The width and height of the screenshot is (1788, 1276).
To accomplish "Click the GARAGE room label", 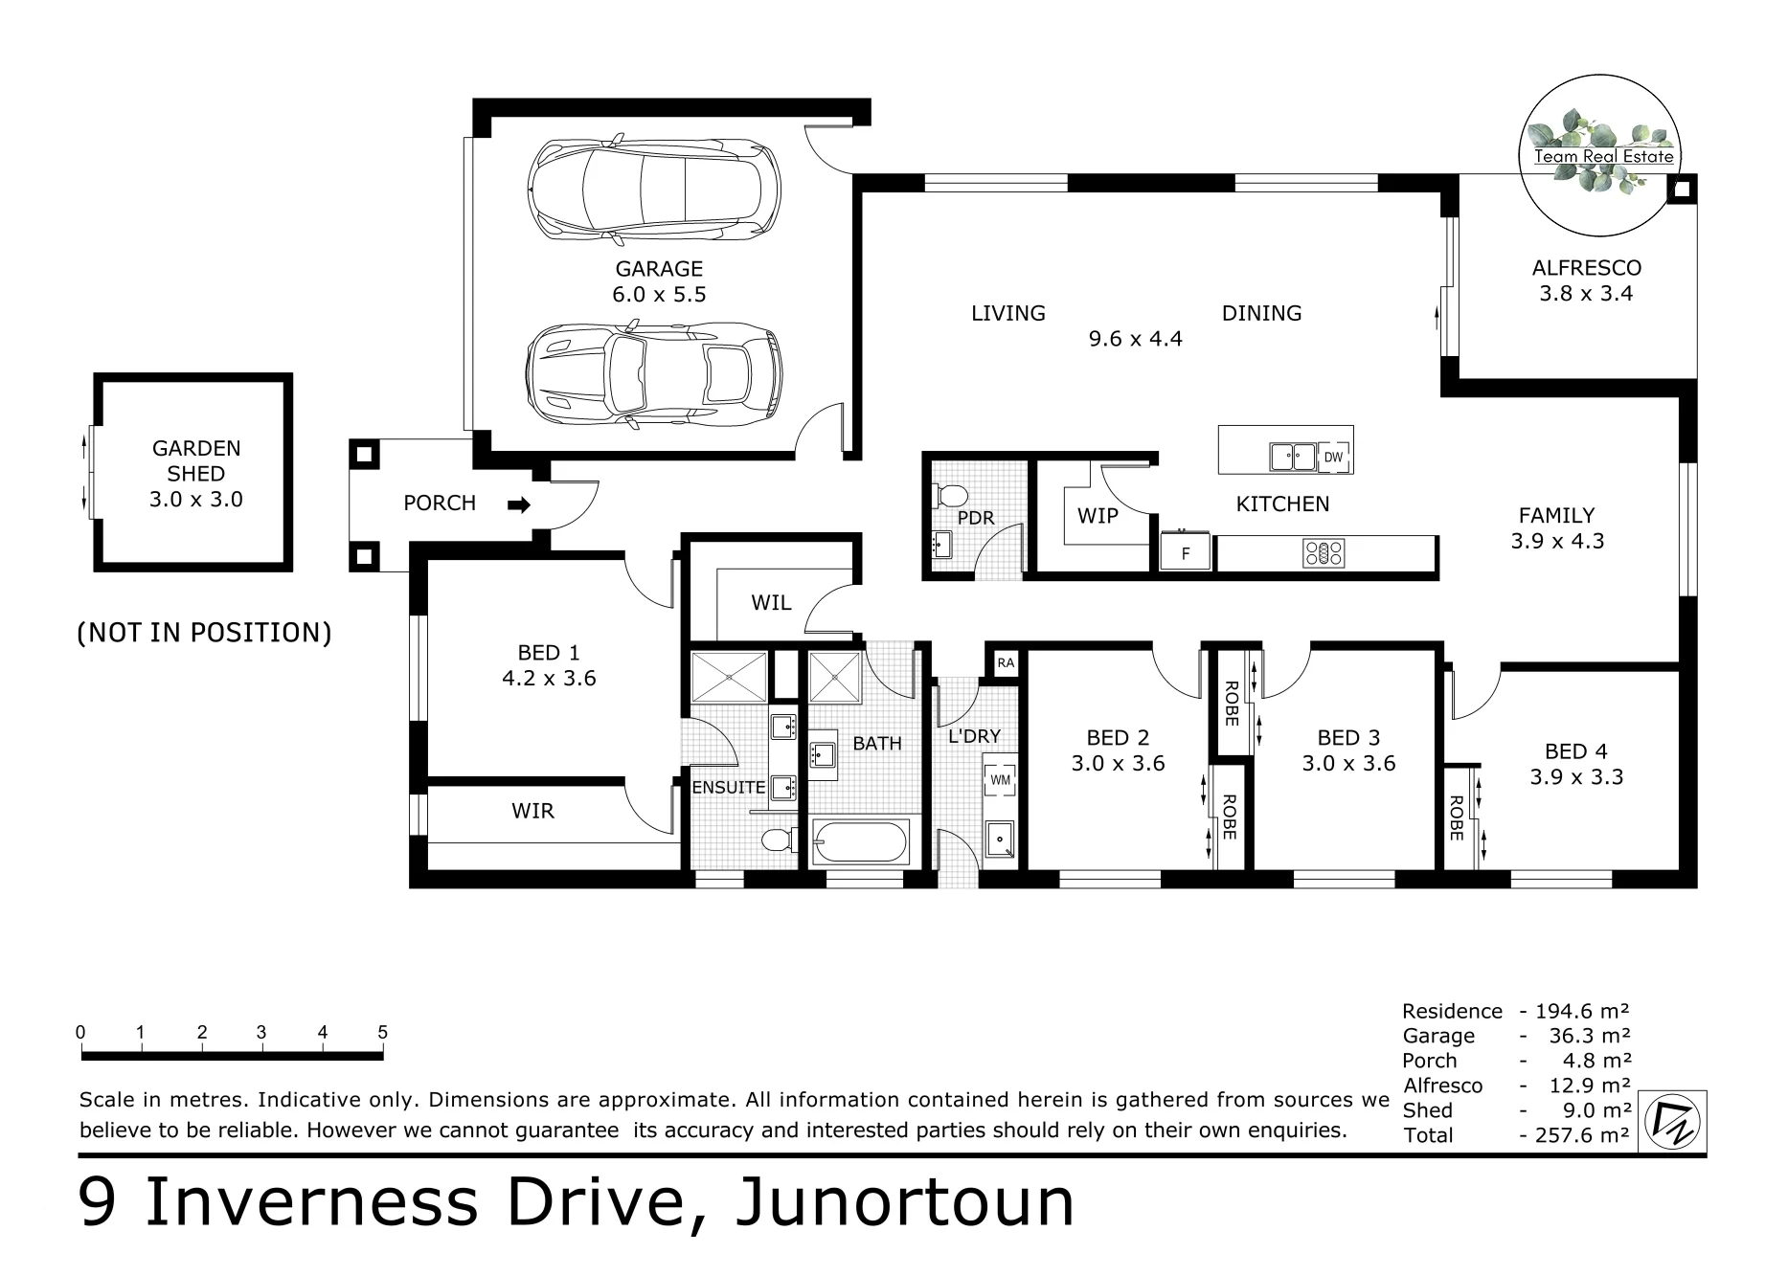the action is point(659,269).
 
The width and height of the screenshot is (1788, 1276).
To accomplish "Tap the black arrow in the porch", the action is point(519,504).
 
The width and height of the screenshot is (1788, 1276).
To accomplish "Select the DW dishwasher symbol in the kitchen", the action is point(1333,458).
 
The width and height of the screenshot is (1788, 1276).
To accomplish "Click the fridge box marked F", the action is point(1186,552).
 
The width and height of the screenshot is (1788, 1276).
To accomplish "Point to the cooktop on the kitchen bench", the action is point(1324,552).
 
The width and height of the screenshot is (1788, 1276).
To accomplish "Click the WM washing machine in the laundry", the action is point(1000,779).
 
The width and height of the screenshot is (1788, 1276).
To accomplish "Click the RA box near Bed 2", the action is point(1005,662).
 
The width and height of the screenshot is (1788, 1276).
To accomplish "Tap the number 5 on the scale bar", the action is point(383,1032).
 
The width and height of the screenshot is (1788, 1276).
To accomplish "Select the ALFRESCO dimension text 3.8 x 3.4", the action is point(1586,294).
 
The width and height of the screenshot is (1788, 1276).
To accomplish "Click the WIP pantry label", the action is point(1098,516).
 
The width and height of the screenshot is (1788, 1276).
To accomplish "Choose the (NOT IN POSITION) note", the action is point(204,633).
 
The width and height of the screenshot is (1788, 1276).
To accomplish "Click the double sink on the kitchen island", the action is point(1293,457).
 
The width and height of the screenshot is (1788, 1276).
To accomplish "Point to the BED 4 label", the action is point(1576,752).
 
